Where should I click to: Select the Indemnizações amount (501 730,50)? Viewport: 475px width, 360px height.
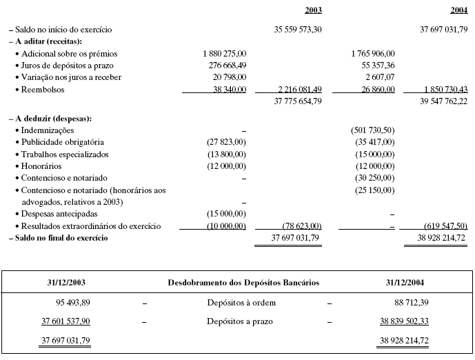click(372, 130)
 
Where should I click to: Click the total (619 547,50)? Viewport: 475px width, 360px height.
click(445, 226)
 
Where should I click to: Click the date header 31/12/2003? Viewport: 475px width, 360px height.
click(65, 283)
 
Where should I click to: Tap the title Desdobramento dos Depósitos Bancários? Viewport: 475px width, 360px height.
click(243, 283)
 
